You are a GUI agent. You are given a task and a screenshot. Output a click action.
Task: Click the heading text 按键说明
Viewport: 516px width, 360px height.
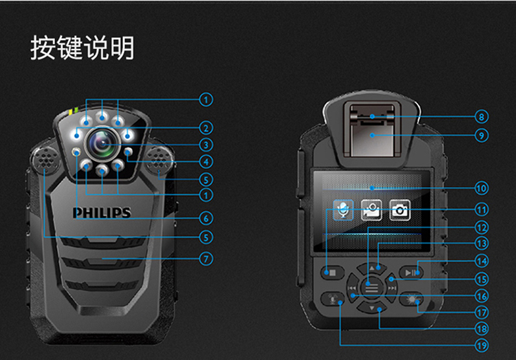tap(82, 49)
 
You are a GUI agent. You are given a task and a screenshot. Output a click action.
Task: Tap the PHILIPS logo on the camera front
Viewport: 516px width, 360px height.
tap(102, 213)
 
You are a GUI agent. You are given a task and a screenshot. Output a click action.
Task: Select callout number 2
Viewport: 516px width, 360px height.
tap(205, 127)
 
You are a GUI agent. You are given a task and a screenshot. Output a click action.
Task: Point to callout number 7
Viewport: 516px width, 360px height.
tap(205, 260)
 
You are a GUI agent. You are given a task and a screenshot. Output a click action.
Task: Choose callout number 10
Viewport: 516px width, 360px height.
tap(481, 187)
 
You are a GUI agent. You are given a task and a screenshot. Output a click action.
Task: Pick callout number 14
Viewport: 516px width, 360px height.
tap(481, 261)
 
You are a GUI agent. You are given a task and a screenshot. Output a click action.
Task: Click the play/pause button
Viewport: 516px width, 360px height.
tap(411, 273)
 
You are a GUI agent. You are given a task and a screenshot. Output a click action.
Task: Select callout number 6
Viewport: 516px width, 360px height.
tap(205, 218)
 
